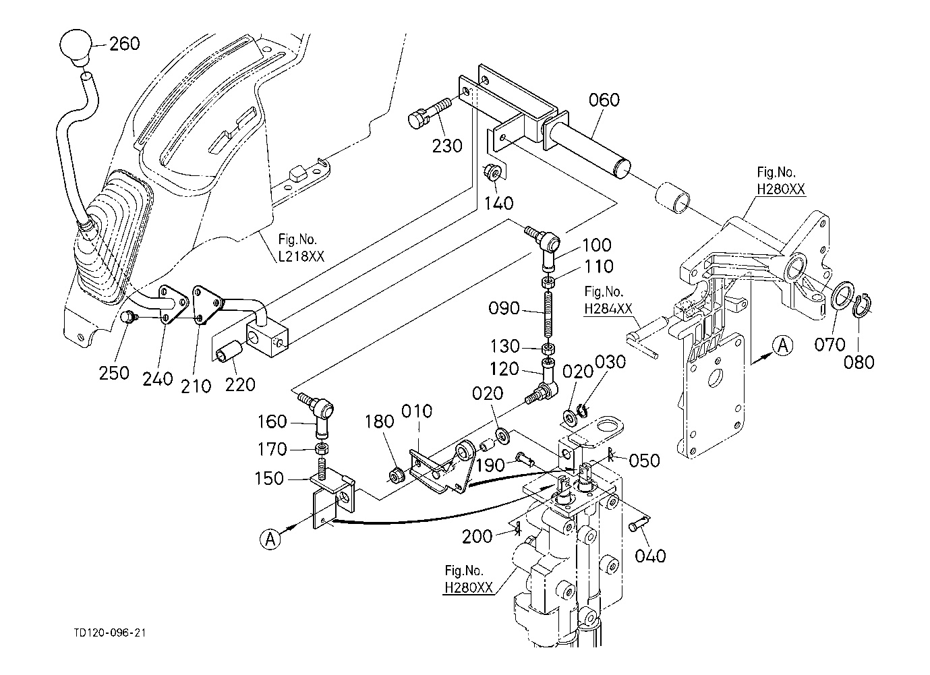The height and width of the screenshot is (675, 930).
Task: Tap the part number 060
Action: tap(604, 100)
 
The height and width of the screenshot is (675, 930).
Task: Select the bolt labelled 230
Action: tap(430, 112)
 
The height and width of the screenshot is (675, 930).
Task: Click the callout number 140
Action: tap(499, 203)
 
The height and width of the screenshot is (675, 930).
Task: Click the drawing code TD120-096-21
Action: tap(110, 633)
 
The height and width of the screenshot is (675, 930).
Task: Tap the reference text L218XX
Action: tap(301, 256)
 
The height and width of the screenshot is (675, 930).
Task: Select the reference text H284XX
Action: tap(608, 309)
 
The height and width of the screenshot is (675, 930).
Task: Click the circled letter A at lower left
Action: tap(270, 539)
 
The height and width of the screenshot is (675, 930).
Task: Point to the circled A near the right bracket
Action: tap(782, 346)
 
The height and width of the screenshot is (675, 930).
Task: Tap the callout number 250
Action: tap(114, 373)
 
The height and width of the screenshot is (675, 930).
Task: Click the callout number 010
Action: tap(417, 411)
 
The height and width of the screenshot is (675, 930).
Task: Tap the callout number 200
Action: tap(477, 536)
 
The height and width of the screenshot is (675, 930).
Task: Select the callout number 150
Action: tap(270, 478)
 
